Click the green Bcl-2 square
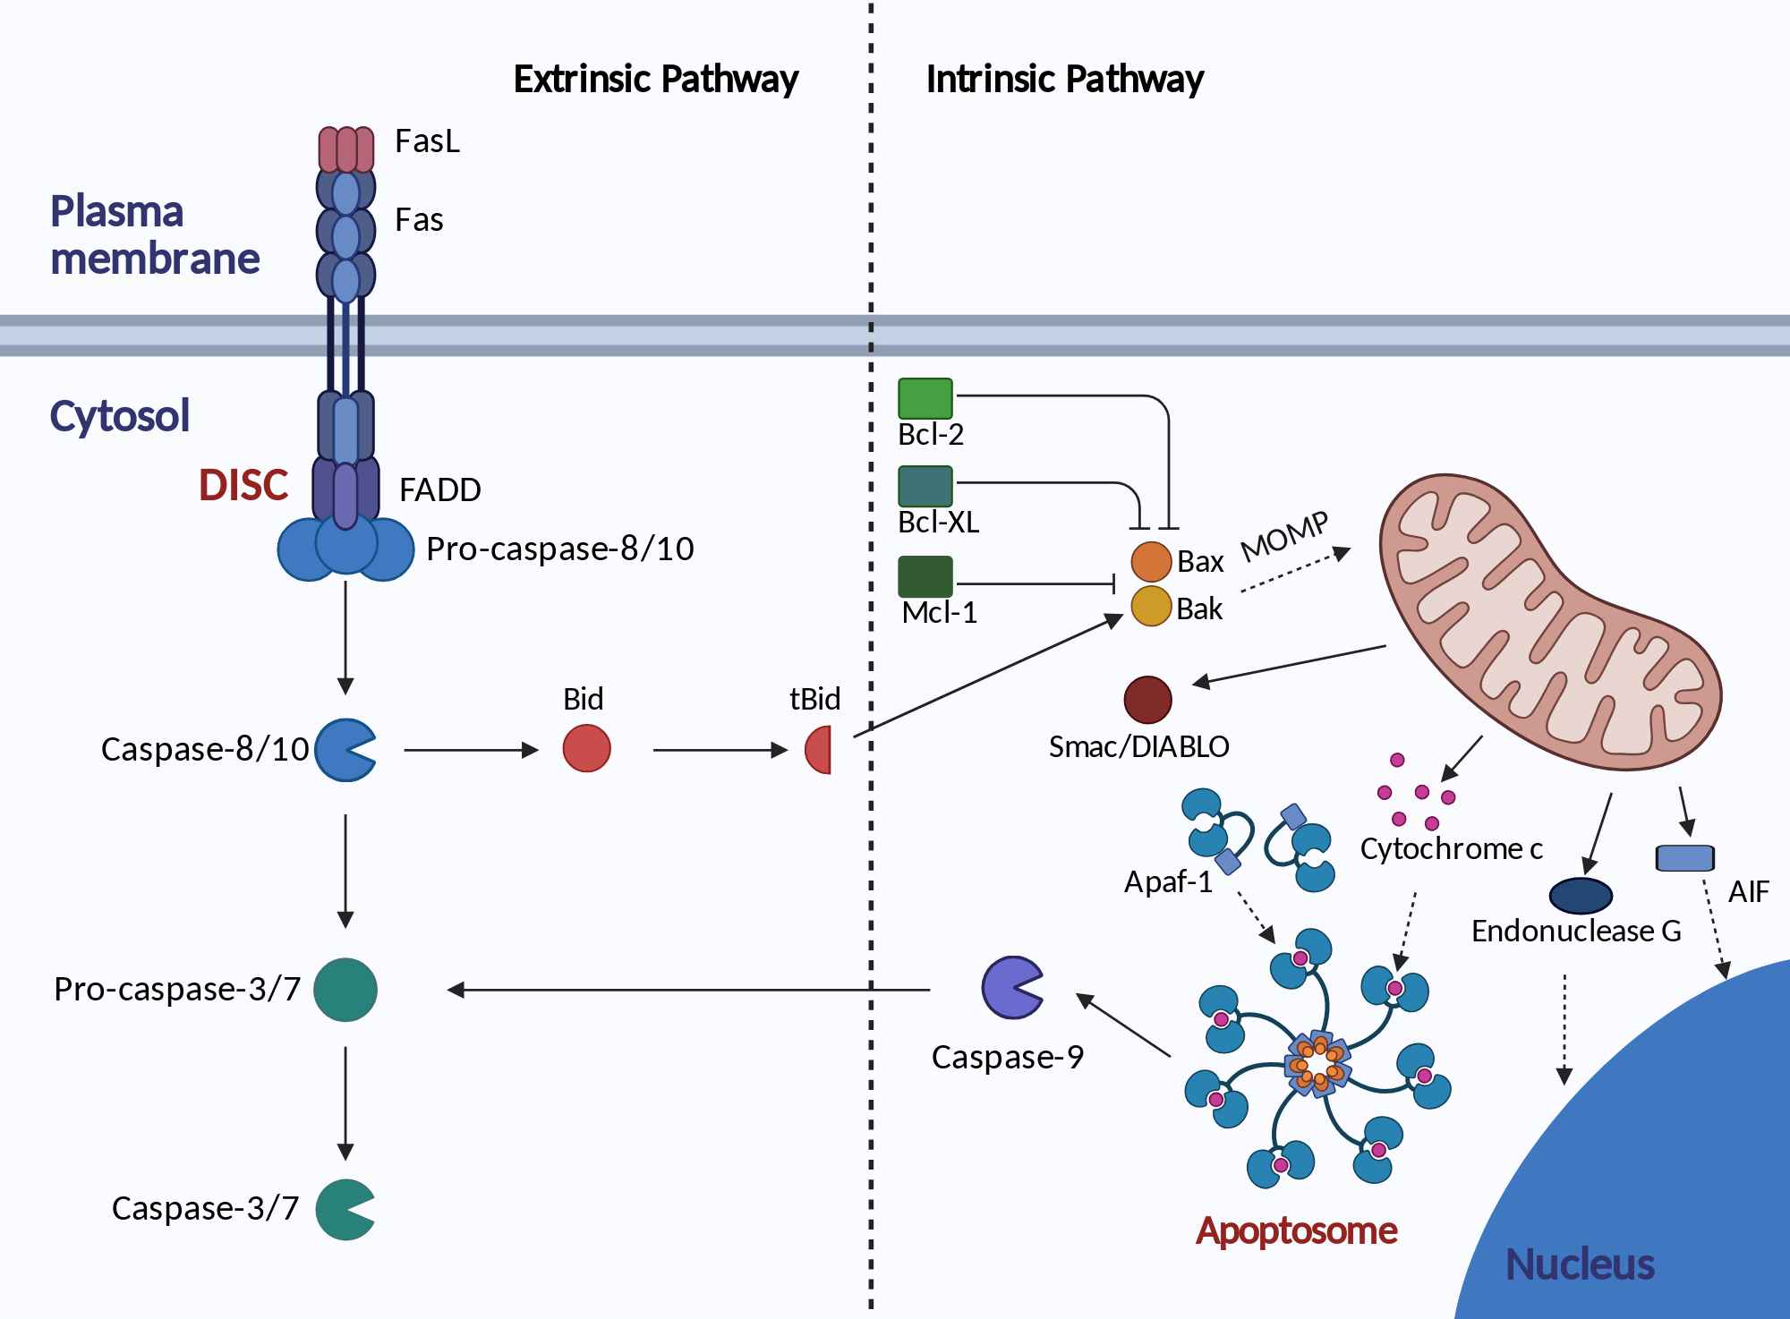click(x=925, y=398)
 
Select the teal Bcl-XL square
click(x=925, y=487)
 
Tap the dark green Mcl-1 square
click(x=925, y=576)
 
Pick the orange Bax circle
click(x=1152, y=562)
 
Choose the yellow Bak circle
click(x=1152, y=606)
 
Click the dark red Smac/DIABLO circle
click(x=1148, y=700)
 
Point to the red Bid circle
click(x=587, y=748)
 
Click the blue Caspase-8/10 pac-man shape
click(x=344, y=750)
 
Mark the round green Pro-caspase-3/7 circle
click(x=345, y=990)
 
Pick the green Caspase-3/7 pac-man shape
click(x=344, y=1210)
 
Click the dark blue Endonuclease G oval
click(x=1581, y=895)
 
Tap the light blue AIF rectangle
click(x=1685, y=858)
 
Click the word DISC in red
click(x=243, y=485)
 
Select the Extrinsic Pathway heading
click(x=656, y=79)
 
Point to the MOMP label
click(x=1285, y=536)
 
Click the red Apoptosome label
click(x=1297, y=1231)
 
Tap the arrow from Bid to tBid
click(x=720, y=750)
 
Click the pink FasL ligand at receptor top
click(x=346, y=149)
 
